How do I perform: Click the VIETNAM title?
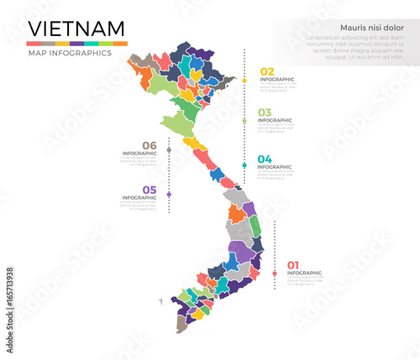(76, 30)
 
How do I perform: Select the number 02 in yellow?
(267, 71)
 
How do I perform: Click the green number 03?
(265, 112)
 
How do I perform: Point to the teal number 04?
(265, 159)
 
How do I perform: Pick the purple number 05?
(149, 190)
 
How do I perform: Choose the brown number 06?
(149, 144)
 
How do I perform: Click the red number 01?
(293, 265)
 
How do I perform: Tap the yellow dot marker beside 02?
(244, 81)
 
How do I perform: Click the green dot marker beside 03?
(244, 121)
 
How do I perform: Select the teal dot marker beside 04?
(244, 165)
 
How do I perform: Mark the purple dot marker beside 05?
(169, 195)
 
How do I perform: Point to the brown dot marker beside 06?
(169, 150)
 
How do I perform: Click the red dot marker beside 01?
(274, 273)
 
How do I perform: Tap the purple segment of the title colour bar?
(76, 43)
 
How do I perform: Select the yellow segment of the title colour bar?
(62, 43)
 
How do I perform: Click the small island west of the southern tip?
(160, 301)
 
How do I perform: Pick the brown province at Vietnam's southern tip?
(181, 322)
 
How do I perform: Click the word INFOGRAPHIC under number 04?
(274, 167)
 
